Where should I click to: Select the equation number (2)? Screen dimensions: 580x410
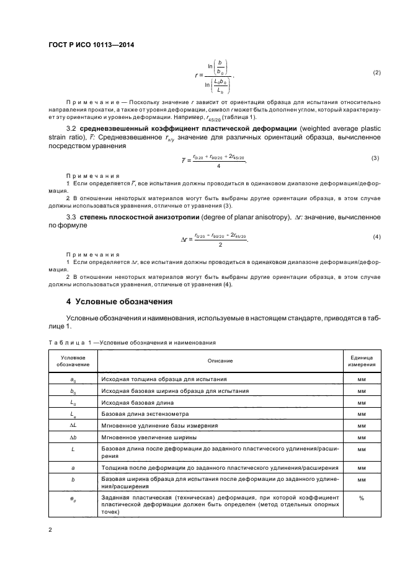click(x=376, y=73)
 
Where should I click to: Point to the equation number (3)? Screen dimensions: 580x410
click(x=375, y=158)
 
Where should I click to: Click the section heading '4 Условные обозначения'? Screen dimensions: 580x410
click(x=123, y=301)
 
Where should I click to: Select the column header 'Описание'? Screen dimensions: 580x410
click(x=216, y=360)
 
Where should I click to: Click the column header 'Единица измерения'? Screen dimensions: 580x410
click(x=362, y=360)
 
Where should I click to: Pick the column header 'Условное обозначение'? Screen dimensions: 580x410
click(x=73, y=360)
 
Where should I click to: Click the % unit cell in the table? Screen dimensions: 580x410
click(x=362, y=498)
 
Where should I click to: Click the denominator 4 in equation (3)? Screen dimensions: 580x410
click(x=219, y=166)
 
